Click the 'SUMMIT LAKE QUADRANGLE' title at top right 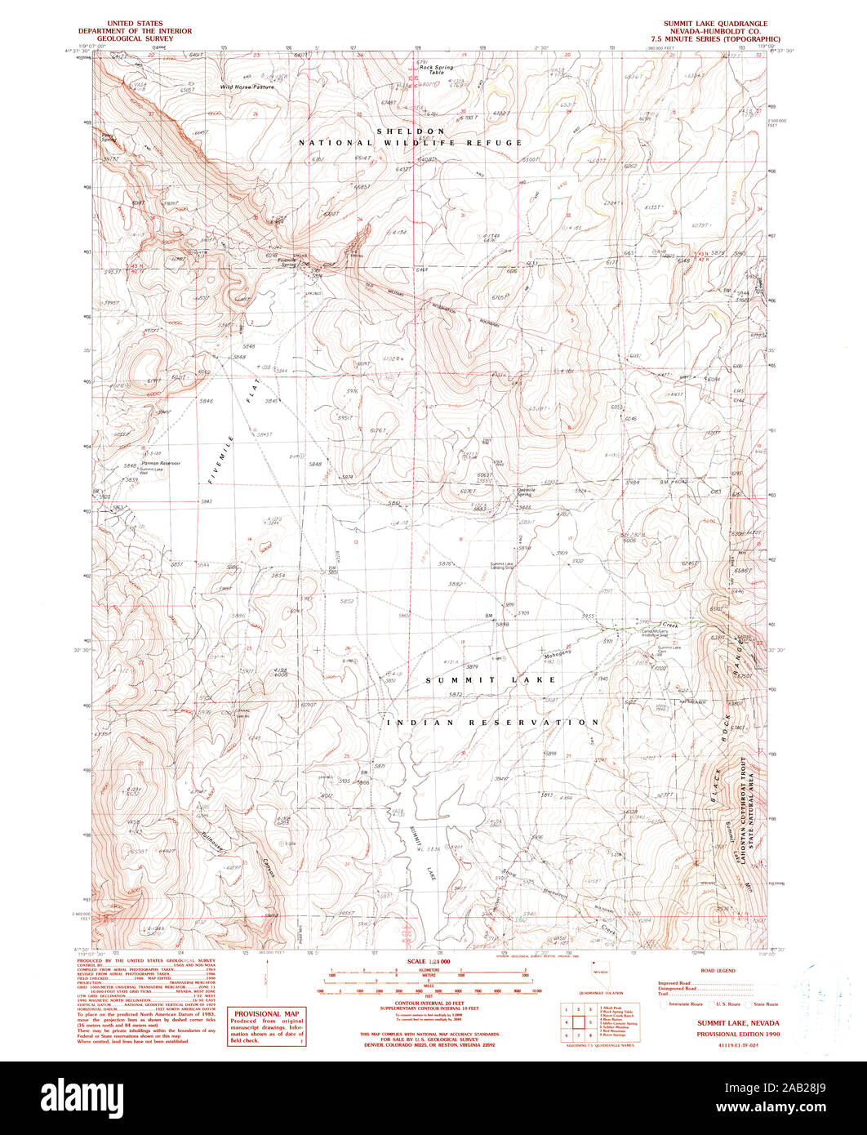pyautogui.click(x=715, y=24)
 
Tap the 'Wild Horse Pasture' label pyautogui.click(x=247, y=86)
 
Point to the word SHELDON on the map pyautogui.click(x=411, y=131)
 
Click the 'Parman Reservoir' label pyautogui.click(x=161, y=463)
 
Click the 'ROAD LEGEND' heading pyautogui.click(x=718, y=971)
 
